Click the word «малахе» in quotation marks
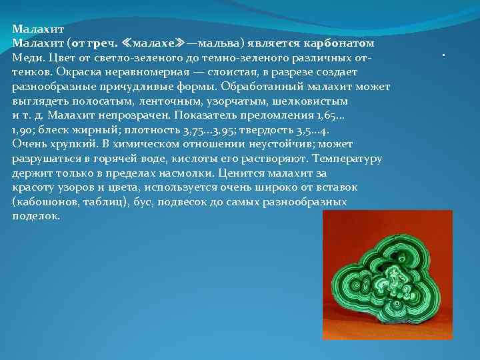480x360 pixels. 157,43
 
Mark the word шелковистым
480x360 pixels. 314,101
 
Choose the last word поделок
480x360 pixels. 35,217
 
